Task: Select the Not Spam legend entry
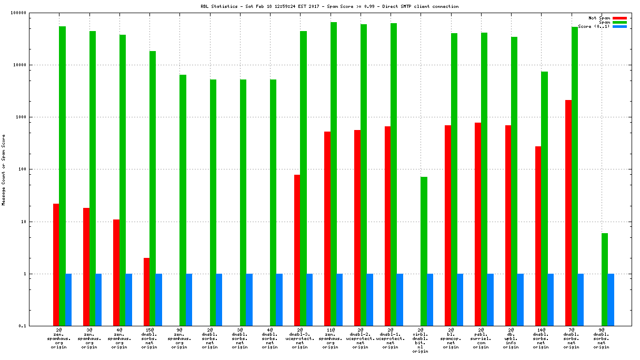(599, 18)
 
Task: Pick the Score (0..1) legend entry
(594, 26)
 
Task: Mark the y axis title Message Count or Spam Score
(4, 169)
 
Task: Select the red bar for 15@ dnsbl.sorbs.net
(146, 292)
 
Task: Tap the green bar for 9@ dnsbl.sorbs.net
(605, 279)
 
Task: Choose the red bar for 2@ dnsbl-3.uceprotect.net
(297, 250)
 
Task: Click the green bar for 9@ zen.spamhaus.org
(183, 200)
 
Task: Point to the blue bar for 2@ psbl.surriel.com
(491, 300)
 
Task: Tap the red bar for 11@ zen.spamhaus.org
(327, 228)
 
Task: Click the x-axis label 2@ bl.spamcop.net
(451, 339)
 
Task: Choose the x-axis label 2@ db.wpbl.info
(511, 339)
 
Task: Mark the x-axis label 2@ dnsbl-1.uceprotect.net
(390, 339)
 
